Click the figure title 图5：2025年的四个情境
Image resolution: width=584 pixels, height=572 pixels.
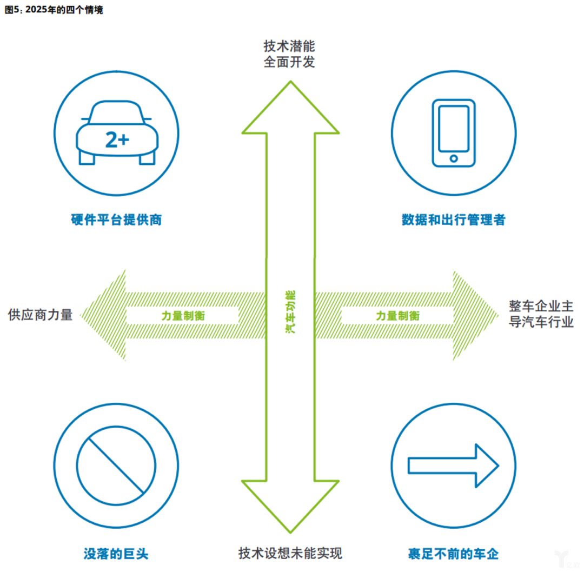pyautogui.click(x=54, y=10)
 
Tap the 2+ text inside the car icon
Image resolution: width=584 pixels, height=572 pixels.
pyautogui.click(x=117, y=140)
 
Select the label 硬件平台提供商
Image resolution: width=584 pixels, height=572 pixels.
pyautogui.click(x=116, y=220)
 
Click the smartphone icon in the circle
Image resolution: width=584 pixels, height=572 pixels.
pyautogui.click(x=453, y=132)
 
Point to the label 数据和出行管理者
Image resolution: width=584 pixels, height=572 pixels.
pyautogui.click(x=453, y=220)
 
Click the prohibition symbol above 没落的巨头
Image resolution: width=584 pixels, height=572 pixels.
pyautogui.click(x=116, y=465)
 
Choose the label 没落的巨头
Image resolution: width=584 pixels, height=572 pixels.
pyautogui.click(x=116, y=554)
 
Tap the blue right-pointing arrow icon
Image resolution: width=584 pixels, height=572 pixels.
pyautogui.click(x=453, y=465)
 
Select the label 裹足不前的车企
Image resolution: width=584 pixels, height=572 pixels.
pyautogui.click(x=453, y=554)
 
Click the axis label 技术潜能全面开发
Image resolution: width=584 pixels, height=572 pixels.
pyautogui.click(x=289, y=54)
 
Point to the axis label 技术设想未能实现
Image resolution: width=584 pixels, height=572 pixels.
pyautogui.click(x=290, y=553)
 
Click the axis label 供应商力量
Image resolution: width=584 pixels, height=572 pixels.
pyautogui.click(x=41, y=315)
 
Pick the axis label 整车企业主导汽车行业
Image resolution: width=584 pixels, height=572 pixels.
pyautogui.click(x=541, y=314)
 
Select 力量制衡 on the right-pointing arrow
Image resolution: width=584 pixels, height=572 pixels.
pyautogui.click(x=397, y=316)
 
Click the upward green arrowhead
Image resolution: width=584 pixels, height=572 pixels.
pyautogui.click(x=290, y=108)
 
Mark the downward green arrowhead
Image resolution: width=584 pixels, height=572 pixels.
pyautogui.click(x=290, y=506)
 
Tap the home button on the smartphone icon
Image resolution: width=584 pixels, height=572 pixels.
pyautogui.click(x=454, y=158)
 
